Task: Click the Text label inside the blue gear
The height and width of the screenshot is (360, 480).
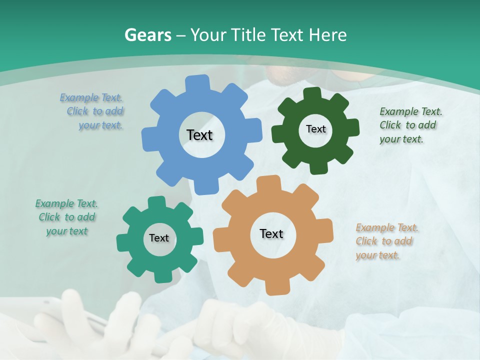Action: point(199,135)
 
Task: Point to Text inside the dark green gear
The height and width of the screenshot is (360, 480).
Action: point(315,129)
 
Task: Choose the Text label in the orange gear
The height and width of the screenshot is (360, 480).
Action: point(271,233)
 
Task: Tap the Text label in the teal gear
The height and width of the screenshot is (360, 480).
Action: point(159,238)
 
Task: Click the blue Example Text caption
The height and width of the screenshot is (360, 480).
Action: point(92,111)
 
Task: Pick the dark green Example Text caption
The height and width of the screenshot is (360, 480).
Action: point(410,125)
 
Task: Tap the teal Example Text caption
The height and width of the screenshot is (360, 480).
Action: point(66,217)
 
